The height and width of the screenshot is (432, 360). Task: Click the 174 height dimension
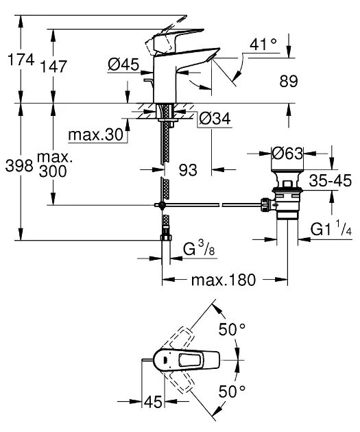click(x=21, y=60)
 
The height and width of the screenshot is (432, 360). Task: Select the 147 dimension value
click(x=53, y=67)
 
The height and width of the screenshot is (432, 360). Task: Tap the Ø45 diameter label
click(x=123, y=64)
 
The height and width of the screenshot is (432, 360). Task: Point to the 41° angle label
click(x=263, y=44)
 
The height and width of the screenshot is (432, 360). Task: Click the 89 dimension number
click(x=289, y=82)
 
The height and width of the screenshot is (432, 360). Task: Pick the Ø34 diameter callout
click(x=215, y=119)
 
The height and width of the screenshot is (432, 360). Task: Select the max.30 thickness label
click(x=95, y=135)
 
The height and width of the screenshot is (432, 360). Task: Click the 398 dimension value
click(x=19, y=166)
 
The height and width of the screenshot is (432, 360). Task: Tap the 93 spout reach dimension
click(x=188, y=170)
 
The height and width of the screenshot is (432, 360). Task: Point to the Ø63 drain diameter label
click(x=287, y=153)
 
